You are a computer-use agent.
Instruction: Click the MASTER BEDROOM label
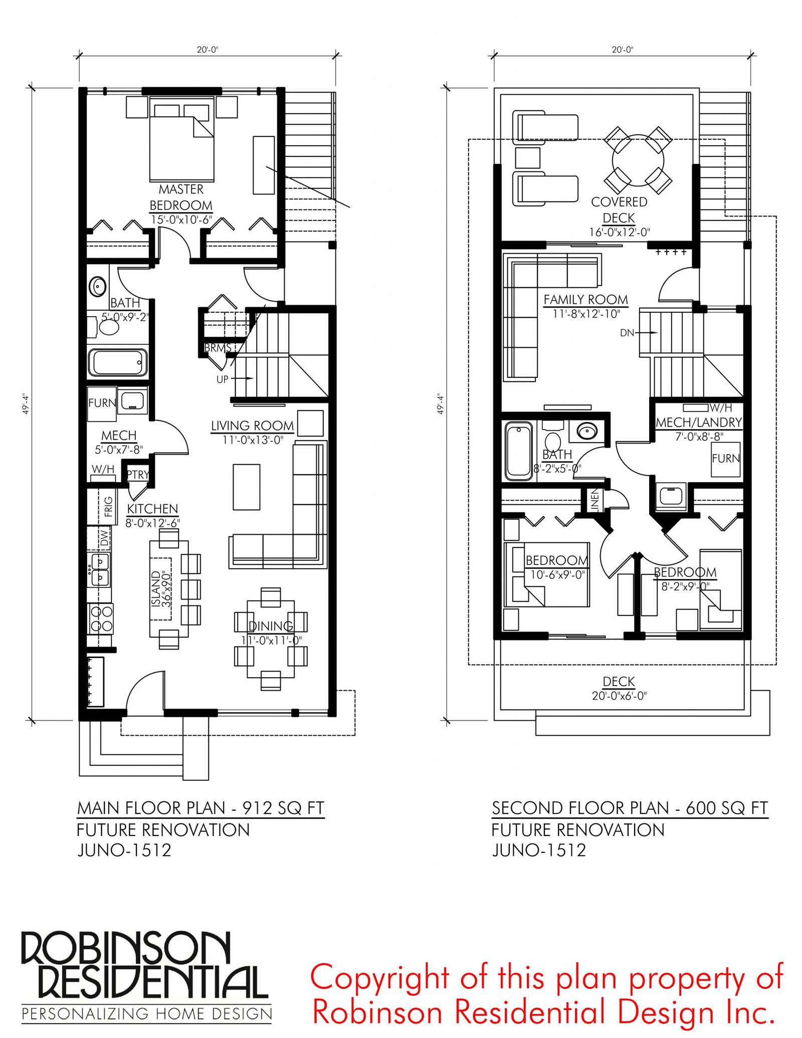coord(181,197)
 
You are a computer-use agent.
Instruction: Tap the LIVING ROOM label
coord(252,426)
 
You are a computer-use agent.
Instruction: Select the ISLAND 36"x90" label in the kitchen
coord(161,588)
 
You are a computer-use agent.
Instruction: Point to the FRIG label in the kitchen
coord(108,506)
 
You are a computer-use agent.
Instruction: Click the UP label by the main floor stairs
coord(223,379)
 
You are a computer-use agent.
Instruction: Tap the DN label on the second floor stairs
coord(627,333)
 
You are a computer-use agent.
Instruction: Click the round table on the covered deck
coord(638,160)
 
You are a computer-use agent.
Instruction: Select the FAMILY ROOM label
coord(585,299)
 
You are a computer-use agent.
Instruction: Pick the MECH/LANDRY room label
coord(699,422)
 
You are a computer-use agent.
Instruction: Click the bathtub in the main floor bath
coord(118,362)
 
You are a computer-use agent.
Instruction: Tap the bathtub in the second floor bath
coord(519,451)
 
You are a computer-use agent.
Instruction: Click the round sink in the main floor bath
coord(98,287)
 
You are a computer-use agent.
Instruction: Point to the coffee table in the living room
coord(247,487)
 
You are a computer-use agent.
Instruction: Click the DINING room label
coord(271,626)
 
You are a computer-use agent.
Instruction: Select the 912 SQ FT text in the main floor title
coord(283,808)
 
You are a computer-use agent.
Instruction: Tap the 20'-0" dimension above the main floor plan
coord(208,50)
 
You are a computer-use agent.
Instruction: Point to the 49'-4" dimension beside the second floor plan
coord(441,403)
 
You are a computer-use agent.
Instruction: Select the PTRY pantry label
coord(138,474)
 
